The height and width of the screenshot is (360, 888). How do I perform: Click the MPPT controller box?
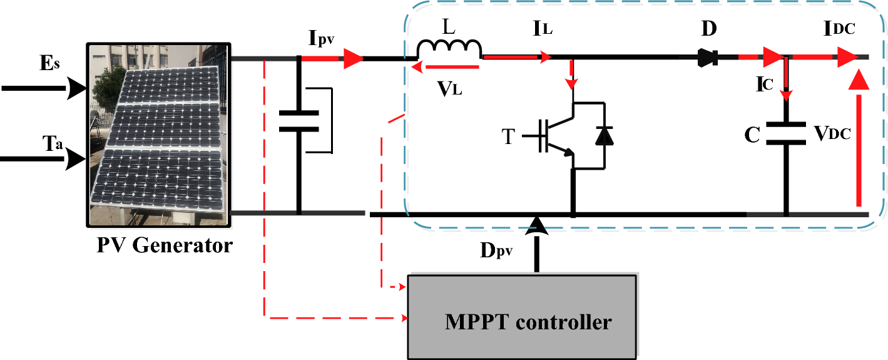pyautogui.click(x=523, y=316)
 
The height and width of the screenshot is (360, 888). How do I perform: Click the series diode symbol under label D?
pyautogui.click(x=708, y=58)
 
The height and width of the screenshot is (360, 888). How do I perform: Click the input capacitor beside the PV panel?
pyautogui.click(x=299, y=121)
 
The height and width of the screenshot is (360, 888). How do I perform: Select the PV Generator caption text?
pyautogui.click(x=164, y=245)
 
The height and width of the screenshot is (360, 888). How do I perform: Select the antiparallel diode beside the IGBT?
pyautogui.click(x=603, y=135)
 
